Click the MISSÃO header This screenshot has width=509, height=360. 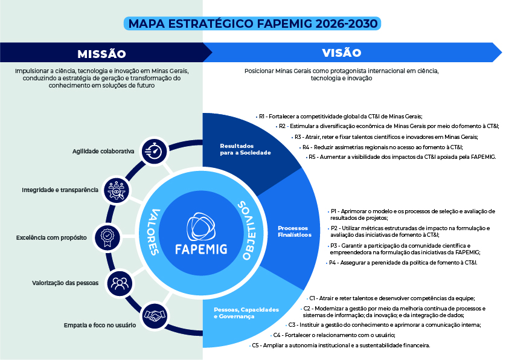tap(101, 54)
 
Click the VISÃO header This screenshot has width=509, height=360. tap(342, 53)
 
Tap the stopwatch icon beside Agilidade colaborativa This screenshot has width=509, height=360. tap(154, 151)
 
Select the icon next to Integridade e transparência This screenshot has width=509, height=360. tap(116, 190)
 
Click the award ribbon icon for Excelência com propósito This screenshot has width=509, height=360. tap(107, 237)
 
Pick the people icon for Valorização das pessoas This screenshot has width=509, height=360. tap(120, 283)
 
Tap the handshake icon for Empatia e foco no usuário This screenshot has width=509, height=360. tap(155, 315)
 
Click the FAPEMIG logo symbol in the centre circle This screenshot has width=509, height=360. tap(201, 227)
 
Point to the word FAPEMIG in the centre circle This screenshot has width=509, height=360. tap(201, 249)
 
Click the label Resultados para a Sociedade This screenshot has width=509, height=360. tap(245, 149)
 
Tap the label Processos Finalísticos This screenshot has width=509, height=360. tap(295, 231)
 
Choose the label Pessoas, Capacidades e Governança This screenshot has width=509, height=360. tap(246, 313)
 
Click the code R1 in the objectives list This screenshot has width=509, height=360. tap(261, 116)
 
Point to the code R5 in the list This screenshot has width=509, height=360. tap(312, 157)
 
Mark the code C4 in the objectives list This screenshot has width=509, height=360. tap(277, 335)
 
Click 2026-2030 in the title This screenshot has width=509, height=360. tap(347, 24)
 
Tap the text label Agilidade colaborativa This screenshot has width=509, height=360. tap(103, 151)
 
